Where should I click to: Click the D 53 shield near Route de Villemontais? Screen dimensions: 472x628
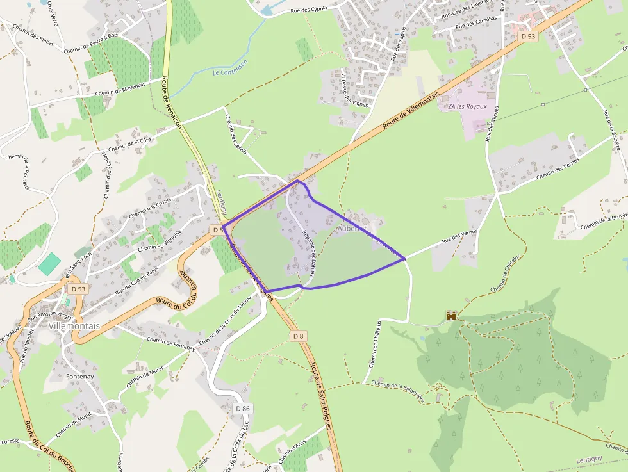[528, 37]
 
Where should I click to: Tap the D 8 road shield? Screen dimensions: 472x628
[298, 336]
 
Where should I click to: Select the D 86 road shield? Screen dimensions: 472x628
[242, 408]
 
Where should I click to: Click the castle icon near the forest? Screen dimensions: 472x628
[451, 316]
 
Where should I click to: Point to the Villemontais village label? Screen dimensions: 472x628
[73, 325]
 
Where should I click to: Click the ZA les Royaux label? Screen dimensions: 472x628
[467, 106]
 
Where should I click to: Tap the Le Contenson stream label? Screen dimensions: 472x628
[230, 67]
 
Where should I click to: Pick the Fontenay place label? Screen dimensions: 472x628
[80, 377]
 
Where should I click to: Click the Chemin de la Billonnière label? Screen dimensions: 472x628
[397, 390]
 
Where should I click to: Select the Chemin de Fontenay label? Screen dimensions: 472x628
[170, 343]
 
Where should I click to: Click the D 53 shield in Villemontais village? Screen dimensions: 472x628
[78, 289]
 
